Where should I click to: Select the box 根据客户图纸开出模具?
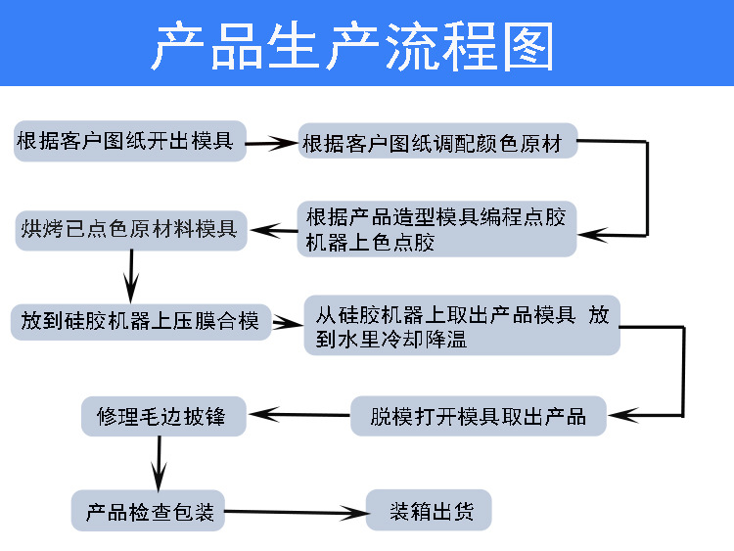click(x=128, y=142)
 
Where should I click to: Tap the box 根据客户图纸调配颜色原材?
click(x=436, y=144)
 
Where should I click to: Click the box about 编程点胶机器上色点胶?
click(x=436, y=229)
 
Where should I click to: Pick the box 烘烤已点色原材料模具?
click(x=130, y=230)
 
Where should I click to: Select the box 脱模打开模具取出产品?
click(x=479, y=416)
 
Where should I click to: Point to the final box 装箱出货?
click(x=428, y=512)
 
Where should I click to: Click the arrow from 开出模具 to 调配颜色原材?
click(x=271, y=145)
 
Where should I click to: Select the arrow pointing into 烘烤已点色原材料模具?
click(x=274, y=232)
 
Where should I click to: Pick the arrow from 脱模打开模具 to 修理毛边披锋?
click(x=298, y=416)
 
